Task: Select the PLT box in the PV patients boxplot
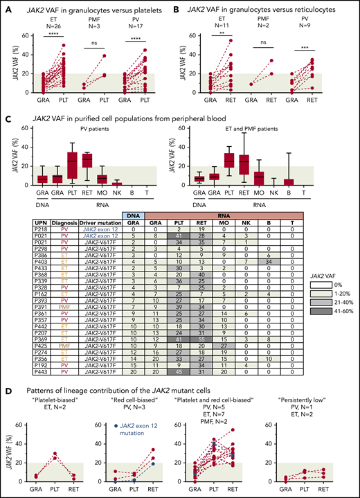tap(72, 161)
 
